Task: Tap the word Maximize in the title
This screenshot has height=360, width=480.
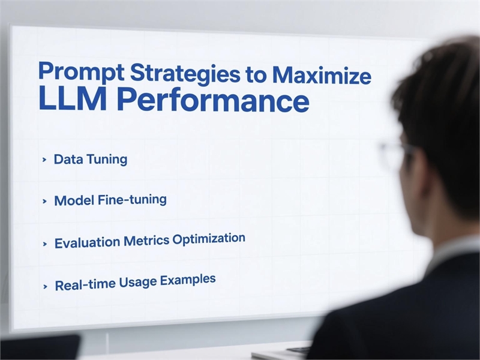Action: coord(322,75)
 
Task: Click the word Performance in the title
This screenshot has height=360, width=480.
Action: coord(213,100)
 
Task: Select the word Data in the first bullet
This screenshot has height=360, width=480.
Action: coord(67,159)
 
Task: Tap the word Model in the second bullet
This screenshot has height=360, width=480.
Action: coord(73,200)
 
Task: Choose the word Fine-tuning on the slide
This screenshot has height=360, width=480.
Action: coord(132,200)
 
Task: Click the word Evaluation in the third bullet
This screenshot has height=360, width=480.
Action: coord(87,242)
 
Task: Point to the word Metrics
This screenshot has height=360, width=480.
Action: coord(146,241)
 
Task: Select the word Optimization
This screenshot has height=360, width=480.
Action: coord(209,238)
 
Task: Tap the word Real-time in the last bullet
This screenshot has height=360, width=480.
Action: coord(85,284)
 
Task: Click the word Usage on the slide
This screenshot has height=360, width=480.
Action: coord(137,282)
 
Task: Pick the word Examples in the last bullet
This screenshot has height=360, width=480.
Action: coord(188,280)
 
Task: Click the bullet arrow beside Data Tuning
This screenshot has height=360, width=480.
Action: coord(44,160)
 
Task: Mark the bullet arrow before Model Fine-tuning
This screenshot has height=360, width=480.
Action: coord(44,202)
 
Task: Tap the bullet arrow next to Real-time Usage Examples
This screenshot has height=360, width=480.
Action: coord(46,287)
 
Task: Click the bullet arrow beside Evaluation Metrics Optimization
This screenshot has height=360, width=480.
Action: coord(45,244)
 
